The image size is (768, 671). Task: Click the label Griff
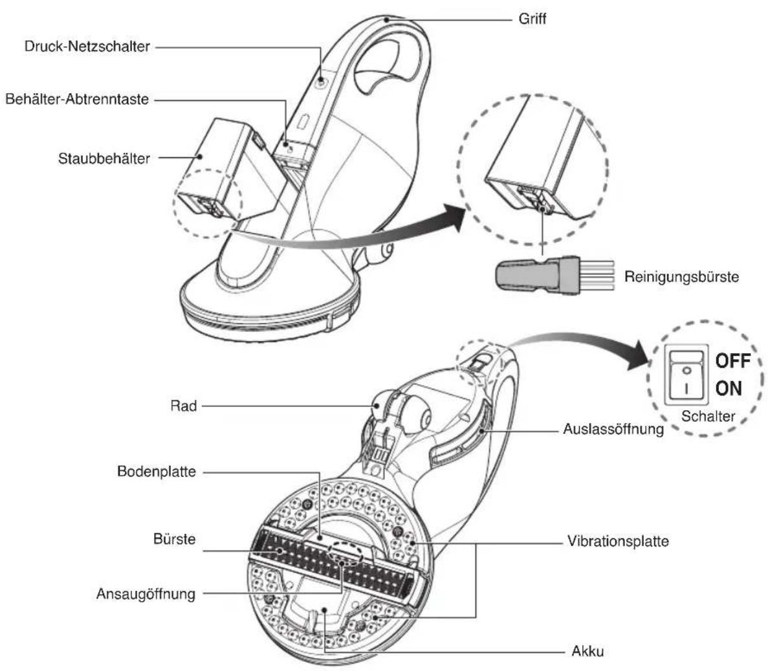pos(532,19)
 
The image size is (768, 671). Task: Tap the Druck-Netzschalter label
pos(87,47)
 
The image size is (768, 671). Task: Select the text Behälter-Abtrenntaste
pos(77,100)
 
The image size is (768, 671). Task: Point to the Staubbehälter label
pos(104,159)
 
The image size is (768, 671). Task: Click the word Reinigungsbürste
pos(681,277)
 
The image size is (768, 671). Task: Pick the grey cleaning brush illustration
pos(555,275)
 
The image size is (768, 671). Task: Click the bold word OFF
pos(732,361)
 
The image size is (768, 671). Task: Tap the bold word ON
pos(729,388)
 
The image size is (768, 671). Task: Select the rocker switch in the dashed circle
pos(686,374)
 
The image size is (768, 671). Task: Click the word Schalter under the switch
pos(708,416)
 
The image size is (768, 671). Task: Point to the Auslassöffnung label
pos(613,429)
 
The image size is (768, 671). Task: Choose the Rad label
pos(183,406)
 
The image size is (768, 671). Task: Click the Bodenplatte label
pos(156,472)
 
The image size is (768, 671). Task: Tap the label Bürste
pos(174,539)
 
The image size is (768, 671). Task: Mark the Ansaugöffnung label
pos(146,594)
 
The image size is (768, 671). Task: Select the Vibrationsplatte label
pos(618,541)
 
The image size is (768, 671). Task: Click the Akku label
pos(587,652)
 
